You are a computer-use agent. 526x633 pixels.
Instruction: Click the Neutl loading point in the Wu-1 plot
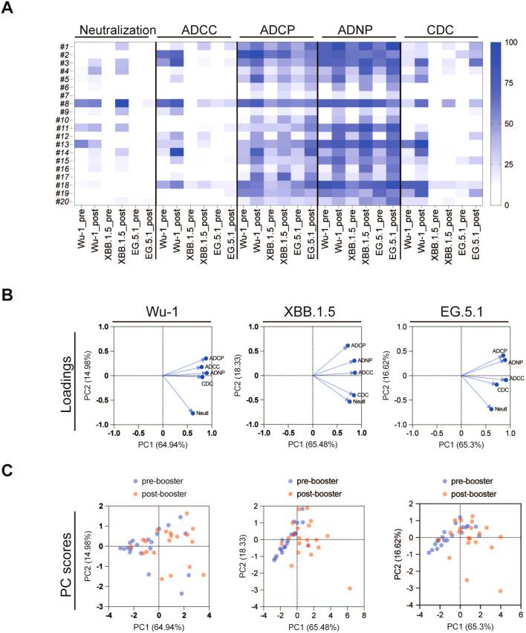(x=192, y=412)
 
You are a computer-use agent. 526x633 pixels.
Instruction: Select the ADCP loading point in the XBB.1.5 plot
(x=347, y=346)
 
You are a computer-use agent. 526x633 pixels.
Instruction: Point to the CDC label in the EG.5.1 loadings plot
(x=502, y=390)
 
